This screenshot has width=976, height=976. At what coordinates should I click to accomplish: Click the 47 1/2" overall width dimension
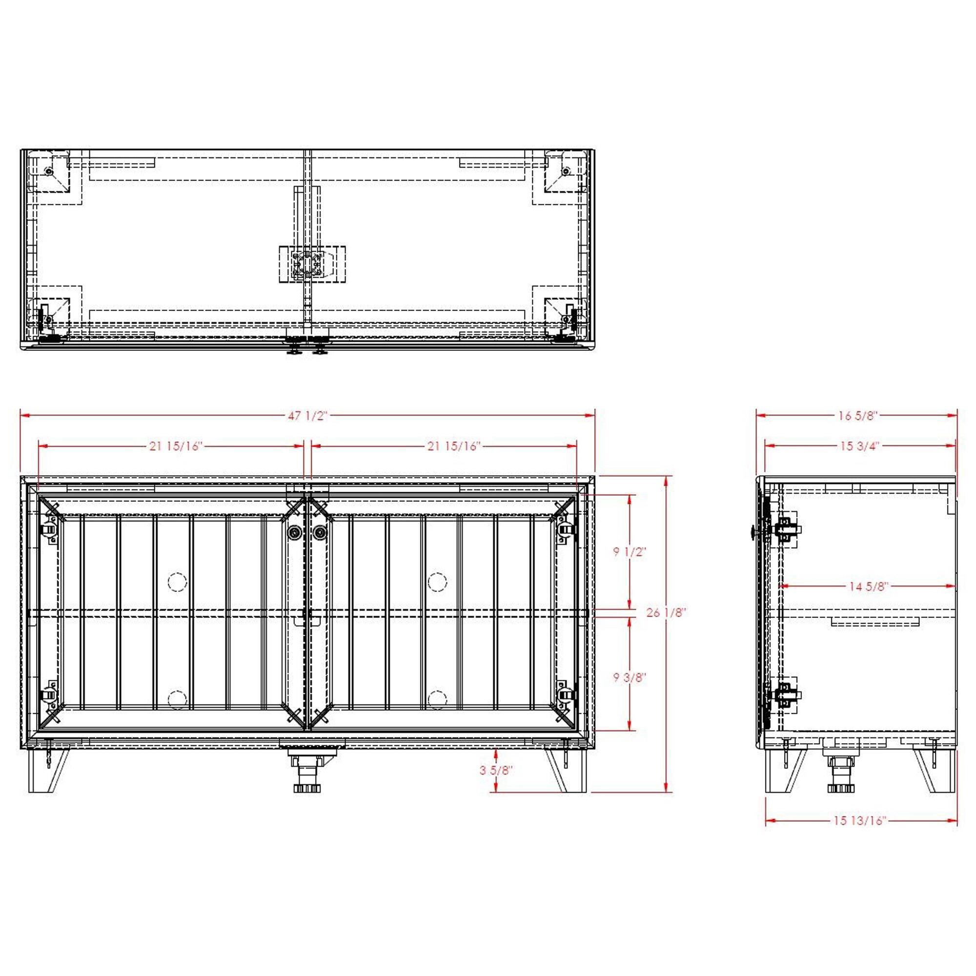307,416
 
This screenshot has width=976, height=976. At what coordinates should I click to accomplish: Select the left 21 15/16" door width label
175,447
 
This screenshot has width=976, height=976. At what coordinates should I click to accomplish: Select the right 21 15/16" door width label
454,447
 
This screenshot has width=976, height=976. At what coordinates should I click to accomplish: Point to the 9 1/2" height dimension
630,551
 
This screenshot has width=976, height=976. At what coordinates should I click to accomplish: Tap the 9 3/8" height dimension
630,677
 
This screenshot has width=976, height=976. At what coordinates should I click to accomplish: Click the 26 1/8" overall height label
666,613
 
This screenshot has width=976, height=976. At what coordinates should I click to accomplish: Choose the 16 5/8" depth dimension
857,416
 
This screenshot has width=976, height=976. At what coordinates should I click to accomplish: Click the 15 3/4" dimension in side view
860,446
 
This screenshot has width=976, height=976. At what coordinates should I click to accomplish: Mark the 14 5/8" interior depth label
868,587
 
